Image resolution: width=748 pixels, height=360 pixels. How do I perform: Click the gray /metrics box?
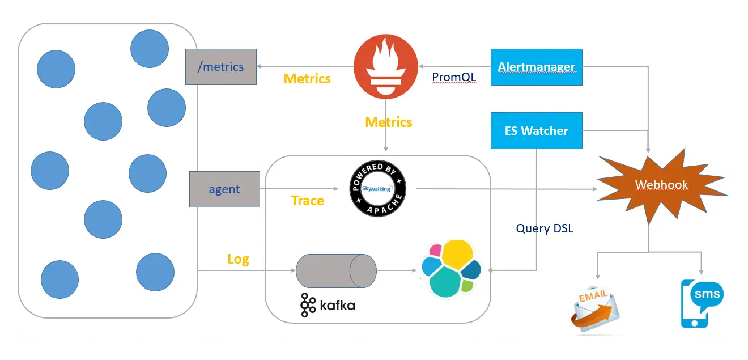coord(221,67)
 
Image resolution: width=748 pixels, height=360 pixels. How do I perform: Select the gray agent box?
coord(224,189)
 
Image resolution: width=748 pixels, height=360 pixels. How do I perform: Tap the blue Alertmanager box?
coord(536,67)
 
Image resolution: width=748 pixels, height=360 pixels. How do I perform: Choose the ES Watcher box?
coord(536,131)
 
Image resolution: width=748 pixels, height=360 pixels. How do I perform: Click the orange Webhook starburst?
coord(661,185)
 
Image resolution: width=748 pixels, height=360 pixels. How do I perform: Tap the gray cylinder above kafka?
coord(336,270)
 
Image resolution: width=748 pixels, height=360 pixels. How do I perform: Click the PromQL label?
coord(454,77)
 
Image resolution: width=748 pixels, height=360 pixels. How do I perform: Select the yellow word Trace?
coord(308,201)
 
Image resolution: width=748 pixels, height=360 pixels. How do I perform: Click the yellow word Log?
coord(238,259)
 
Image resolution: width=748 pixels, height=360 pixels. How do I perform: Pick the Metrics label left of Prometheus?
coord(307,78)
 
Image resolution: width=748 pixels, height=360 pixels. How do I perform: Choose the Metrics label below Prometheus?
coord(389,122)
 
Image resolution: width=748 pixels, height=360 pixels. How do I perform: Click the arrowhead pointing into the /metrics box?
coord(260,67)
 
